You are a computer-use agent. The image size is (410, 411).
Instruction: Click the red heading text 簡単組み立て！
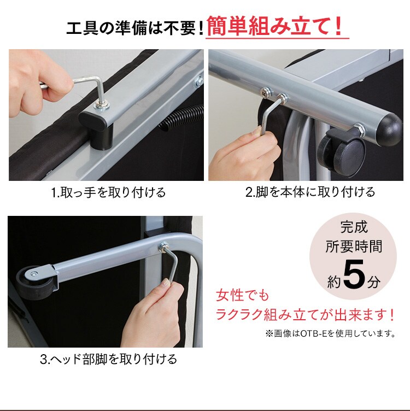point(277,26)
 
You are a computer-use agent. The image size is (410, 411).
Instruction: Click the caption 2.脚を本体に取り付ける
point(310,192)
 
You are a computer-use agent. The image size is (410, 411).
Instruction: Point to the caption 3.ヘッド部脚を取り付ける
point(108,359)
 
